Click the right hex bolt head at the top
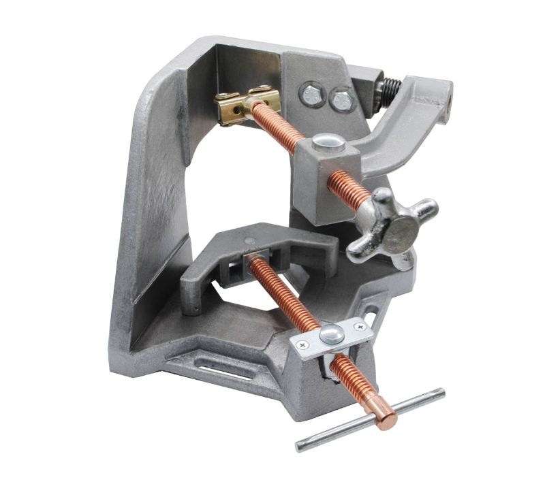pyautogui.click(x=341, y=100)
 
